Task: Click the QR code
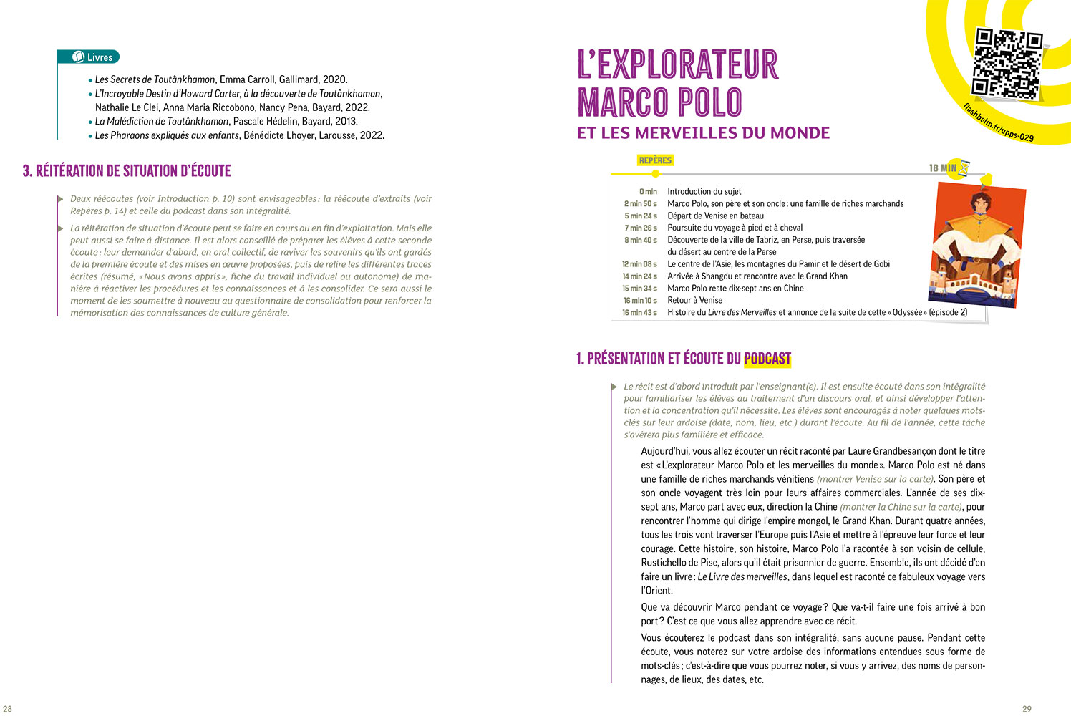coord(1008,64)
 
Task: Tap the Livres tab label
coord(100,57)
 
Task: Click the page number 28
coord(8,709)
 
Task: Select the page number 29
coord(1027,709)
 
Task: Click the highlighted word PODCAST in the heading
coord(767,359)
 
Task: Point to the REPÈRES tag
coord(655,160)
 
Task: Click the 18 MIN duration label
coord(942,168)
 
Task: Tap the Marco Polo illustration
coord(976,244)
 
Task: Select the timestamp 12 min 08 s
coord(639,264)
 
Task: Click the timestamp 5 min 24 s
coord(641,216)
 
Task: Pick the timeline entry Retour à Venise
coord(694,300)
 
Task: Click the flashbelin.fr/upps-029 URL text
coord(998,122)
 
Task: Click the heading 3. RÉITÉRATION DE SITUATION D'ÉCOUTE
coord(127,171)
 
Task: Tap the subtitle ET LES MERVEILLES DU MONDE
coord(703,133)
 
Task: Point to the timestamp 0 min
coord(648,192)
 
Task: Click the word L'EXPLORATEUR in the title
coord(677,64)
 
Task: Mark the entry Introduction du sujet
coord(704,192)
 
